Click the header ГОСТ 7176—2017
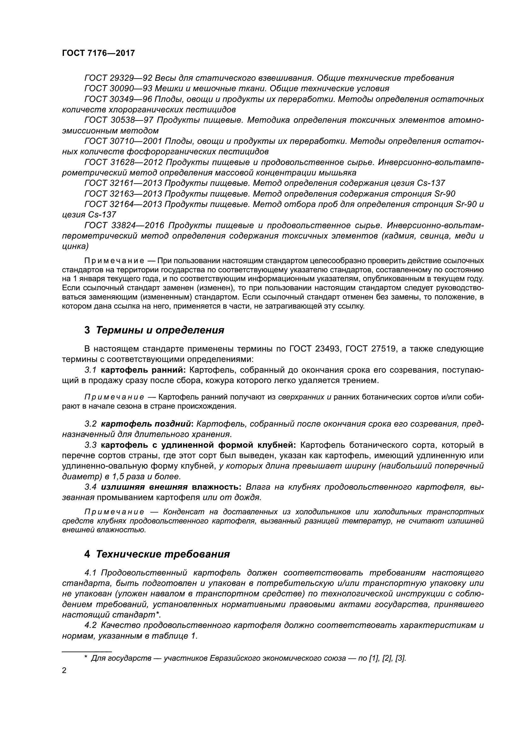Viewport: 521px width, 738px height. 98,53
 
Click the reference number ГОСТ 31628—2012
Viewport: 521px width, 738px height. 123,162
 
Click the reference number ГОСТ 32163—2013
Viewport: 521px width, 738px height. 123,194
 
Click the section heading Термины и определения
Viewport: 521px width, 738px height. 160,330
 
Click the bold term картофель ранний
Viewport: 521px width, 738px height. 142,370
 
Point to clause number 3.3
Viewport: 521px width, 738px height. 90,445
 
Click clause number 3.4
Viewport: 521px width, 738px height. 90,487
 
